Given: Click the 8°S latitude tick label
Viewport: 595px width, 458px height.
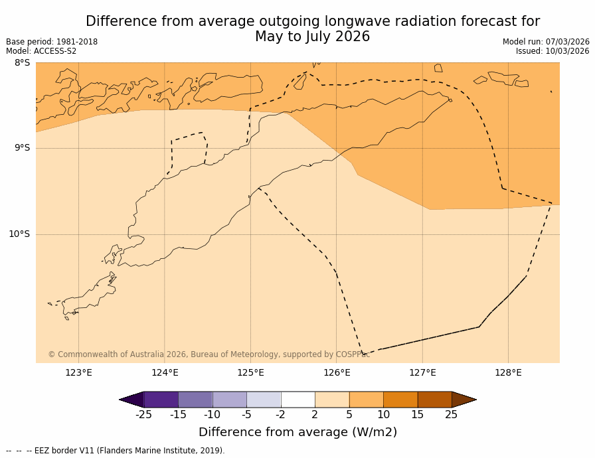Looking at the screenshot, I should pyautogui.click(x=22, y=63).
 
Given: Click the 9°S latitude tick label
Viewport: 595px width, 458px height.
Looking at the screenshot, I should pyautogui.click(x=22, y=148).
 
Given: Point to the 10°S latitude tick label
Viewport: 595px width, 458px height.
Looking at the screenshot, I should pyautogui.click(x=19, y=234).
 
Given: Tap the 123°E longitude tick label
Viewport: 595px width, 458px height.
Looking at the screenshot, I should pyautogui.click(x=78, y=372).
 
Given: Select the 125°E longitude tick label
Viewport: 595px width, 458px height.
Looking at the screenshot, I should pyautogui.click(x=250, y=372).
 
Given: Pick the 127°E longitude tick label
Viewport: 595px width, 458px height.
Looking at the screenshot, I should pyautogui.click(x=422, y=372).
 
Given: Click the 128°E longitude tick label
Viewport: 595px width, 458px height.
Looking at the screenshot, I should pyautogui.click(x=508, y=372).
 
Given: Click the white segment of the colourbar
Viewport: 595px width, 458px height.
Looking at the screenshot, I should pyautogui.click(x=297, y=400).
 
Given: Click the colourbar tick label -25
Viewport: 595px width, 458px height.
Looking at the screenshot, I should pyautogui.click(x=143, y=415).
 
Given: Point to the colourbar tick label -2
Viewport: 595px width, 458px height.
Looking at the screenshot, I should pyautogui.click(x=280, y=415).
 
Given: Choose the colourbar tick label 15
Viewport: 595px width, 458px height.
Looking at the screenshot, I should pyautogui.click(x=417, y=415).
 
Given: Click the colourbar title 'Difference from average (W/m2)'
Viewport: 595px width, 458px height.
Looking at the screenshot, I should pyautogui.click(x=297, y=432).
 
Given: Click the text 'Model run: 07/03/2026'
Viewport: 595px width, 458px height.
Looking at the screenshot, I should pyautogui.click(x=546, y=42).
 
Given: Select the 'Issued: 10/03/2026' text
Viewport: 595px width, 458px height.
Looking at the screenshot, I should pyautogui.click(x=552, y=51).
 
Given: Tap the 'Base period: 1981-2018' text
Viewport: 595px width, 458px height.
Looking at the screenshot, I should pyautogui.click(x=52, y=42).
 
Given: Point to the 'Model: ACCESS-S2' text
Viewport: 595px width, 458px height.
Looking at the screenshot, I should pyautogui.click(x=41, y=51).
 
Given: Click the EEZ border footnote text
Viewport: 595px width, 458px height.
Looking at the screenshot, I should pyautogui.click(x=116, y=451).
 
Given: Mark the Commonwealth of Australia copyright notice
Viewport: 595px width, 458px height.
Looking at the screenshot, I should pyautogui.click(x=209, y=354).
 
